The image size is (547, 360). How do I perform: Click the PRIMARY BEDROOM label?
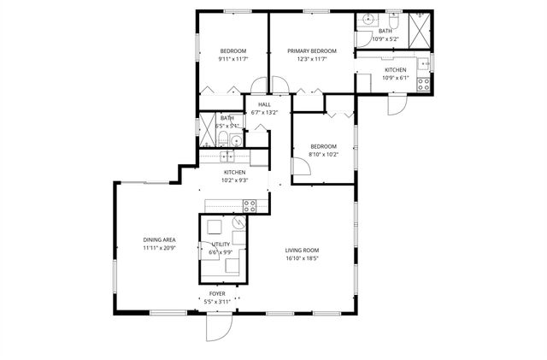[311, 51]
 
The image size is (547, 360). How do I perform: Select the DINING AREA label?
[159, 239]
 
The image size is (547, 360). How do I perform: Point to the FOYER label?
[218, 293]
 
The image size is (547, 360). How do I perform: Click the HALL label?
[264, 104]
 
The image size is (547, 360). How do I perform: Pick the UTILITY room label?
[221, 245]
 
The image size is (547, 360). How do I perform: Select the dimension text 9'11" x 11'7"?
[232, 60]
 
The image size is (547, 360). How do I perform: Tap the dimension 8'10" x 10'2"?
[323, 154]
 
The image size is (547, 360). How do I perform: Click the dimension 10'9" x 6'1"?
[395, 78]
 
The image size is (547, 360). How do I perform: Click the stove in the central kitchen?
[250, 205]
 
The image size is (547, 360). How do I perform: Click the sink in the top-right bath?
[368, 19]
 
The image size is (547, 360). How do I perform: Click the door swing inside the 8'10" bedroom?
[300, 169]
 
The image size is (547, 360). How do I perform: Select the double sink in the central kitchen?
[226, 156]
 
